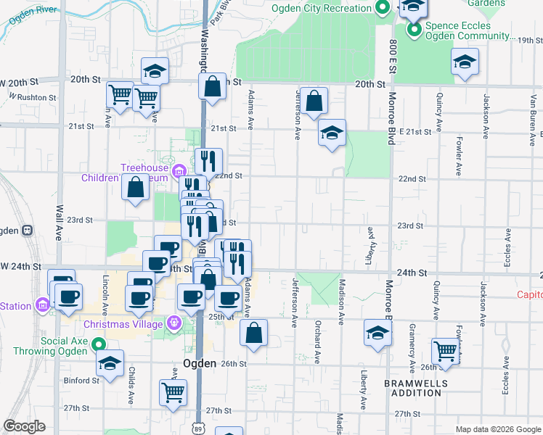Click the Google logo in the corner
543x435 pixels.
point(24,426)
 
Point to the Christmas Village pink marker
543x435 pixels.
point(173,323)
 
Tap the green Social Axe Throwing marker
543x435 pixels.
point(101,345)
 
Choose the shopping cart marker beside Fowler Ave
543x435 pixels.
point(445,351)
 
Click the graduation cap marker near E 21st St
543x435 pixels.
point(332,133)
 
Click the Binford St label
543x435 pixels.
point(81,380)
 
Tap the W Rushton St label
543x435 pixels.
point(33,96)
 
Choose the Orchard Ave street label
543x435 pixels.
point(317,341)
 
